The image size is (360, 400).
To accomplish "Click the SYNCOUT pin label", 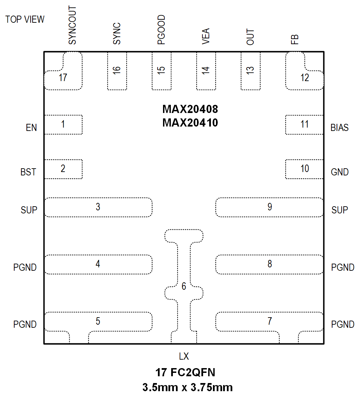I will pos(72,25).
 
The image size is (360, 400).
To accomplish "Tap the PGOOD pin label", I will pos(161,30).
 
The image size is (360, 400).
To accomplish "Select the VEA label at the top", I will pos(206,36).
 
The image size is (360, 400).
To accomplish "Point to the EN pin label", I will pos(31,128).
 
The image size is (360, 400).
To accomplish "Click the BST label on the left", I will pos(28,172).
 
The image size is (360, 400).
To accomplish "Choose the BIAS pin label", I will pos(339,128).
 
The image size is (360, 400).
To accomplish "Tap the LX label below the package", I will pos(184,356).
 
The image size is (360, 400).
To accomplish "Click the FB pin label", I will pos(295,40).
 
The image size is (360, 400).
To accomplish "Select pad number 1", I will pos(63,124).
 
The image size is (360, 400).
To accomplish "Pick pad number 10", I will pos(304,169).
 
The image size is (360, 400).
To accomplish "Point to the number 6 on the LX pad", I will pos(184,286).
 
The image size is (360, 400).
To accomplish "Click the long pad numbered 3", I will pos(98,207).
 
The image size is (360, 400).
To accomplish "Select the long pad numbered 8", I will pos(269,264).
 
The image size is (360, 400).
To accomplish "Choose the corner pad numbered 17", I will pos(63,78).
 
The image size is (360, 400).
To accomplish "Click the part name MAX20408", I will pos(190,109).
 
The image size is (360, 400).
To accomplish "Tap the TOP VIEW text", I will pos(25,19).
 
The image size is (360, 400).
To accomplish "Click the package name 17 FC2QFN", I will pos(185,373).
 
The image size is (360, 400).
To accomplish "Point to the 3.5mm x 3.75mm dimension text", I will pos(187,387).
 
